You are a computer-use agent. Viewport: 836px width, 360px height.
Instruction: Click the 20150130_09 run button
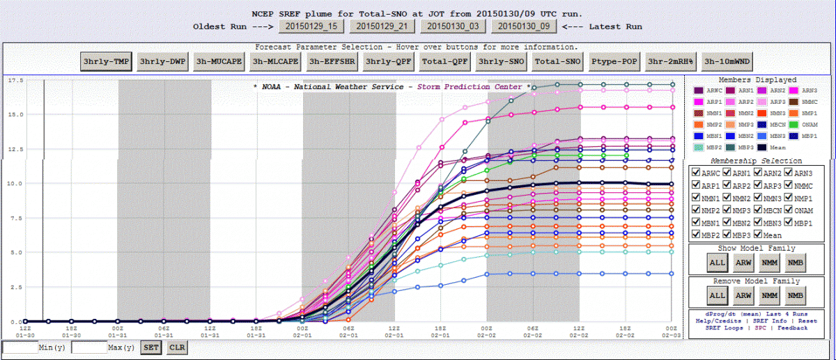tap(525, 26)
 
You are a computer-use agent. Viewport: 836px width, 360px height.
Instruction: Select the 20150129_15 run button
tap(311, 26)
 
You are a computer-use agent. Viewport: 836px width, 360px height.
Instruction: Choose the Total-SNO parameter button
tap(558, 61)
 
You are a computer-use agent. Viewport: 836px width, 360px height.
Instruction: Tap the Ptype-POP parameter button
tap(615, 61)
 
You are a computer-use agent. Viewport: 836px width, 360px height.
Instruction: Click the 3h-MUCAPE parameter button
tap(218, 61)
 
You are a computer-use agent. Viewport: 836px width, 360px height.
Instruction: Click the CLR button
tap(176, 347)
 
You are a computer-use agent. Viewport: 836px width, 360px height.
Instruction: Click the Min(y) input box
tap(20, 347)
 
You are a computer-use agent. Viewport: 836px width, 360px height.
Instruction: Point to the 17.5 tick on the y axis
tap(15, 81)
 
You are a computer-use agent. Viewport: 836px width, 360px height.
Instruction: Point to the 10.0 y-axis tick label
tap(15, 184)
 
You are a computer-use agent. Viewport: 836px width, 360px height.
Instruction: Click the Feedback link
tap(793, 327)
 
